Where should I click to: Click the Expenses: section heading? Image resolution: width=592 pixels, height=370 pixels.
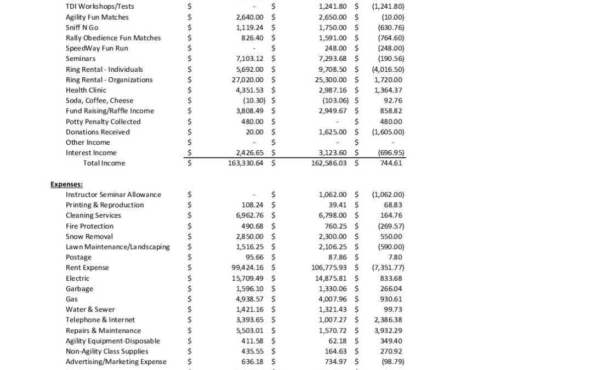pos(66,184)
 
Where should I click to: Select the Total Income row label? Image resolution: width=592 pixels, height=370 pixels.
pos(104,163)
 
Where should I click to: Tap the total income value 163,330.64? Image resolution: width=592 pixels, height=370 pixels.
pos(246,163)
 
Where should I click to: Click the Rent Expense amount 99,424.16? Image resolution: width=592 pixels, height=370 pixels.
pos(247,267)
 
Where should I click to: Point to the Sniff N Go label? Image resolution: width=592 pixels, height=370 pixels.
pos(82,27)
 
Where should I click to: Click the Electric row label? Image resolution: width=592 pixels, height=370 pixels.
pos(77,278)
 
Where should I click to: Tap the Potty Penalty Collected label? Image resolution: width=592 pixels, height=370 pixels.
pos(103,121)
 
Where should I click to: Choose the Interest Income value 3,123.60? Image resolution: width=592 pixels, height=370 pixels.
pos(332,152)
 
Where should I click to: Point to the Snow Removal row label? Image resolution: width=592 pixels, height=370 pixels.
pos(89,236)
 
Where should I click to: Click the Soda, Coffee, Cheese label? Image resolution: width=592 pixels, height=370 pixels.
pos(99,100)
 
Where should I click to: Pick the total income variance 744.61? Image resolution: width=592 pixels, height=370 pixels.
pos(391,163)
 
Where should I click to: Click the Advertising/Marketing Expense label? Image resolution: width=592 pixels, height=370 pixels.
pos(116,362)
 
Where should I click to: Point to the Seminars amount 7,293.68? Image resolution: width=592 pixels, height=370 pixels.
pos(332,59)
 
